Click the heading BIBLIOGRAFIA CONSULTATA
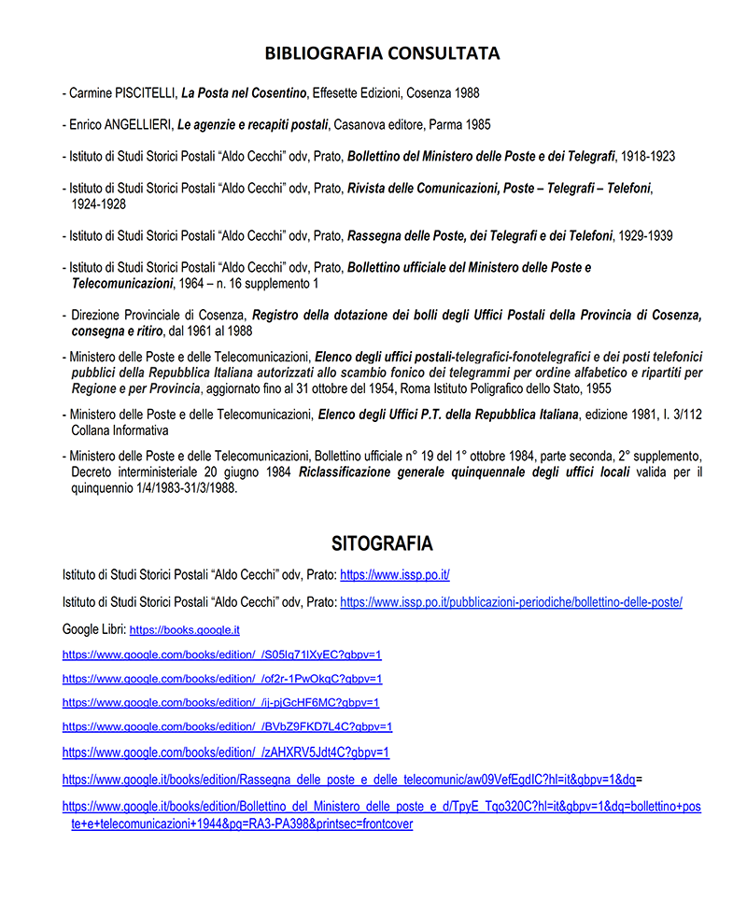pyautogui.click(x=382, y=53)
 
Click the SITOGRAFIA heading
pyautogui.click(x=382, y=543)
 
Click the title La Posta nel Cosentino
pyautogui.click(x=244, y=93)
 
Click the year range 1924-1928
pyautogui.click(x=98, y=204)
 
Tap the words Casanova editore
pyautogui.click(x=376, y=124)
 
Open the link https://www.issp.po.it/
pyautogui.click(x=395, y=575)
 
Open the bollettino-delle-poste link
pyautogui.click(x=511, y=602)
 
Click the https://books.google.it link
pyautogui.click(x=184, y=630)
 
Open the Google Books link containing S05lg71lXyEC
pyautogui.click(x=222, y=655)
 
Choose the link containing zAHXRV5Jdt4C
pyautogui.click(x=226, y=752)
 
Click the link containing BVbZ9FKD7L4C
pyautogui.click(x=227, y=726)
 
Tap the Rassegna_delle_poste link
pyautogui.click(x=349, y=778)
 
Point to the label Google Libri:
pyautogui.click(x=93, y=629)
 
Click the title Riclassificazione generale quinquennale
pyautogui.click(x=463, y=473)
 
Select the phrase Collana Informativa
pyautogui.click(x=120, y=430)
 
